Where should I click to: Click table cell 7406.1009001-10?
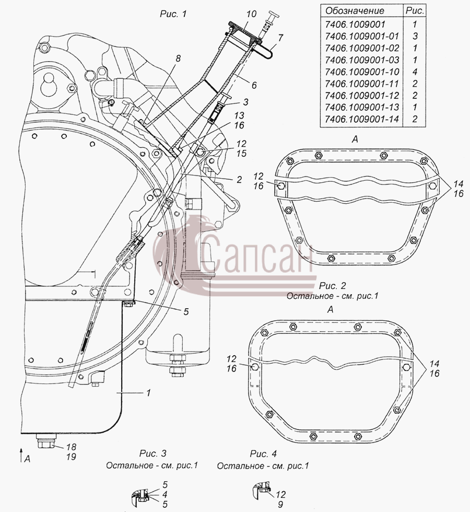click(361, 72)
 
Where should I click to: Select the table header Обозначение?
click(355, 11)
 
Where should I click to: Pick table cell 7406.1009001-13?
click(361, 108)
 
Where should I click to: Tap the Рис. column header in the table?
click(415, 11)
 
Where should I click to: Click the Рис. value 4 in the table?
click(415, 72)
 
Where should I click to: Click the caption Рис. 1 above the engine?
click(173, 14)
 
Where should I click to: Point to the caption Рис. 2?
click(332, 286)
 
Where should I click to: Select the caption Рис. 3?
click(152, 453)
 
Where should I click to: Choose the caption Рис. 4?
click(263, 453)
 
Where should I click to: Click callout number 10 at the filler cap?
click(251, 14)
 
